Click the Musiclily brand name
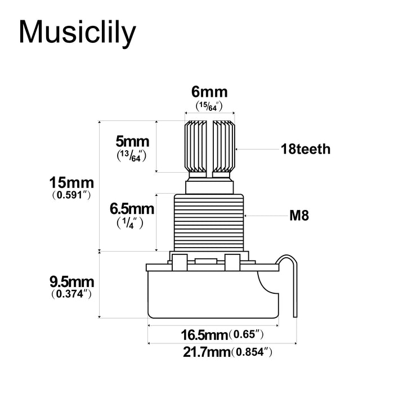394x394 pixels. tap(77, 33)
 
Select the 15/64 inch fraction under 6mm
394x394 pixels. tap(209, 106)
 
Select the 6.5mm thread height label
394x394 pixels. tap(132, 209)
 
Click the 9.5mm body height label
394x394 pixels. tap(71, 281)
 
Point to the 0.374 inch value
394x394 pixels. tap(71, 294)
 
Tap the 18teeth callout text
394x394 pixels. tap(306, 150)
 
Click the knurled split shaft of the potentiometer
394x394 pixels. tap(197, 146)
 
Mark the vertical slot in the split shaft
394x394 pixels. tap(209, 146)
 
